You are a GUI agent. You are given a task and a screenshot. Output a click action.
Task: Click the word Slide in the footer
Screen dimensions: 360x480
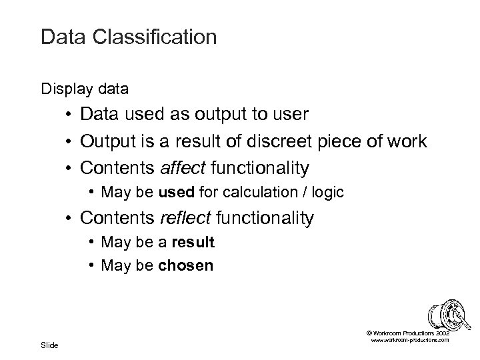50,345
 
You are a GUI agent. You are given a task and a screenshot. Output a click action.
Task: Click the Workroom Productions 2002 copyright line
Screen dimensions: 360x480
408,332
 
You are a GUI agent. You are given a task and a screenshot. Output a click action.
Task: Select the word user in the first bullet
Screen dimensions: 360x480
290,115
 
